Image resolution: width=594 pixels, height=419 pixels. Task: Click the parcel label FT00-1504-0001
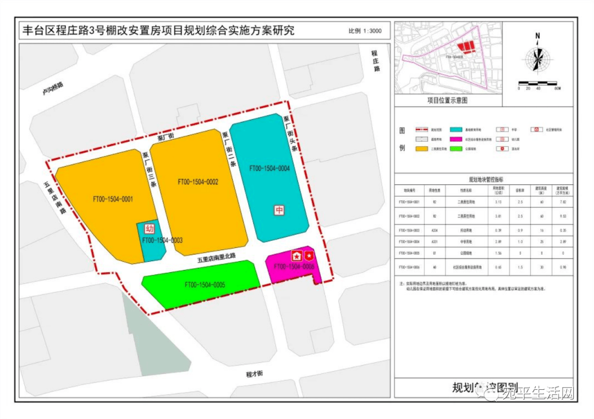point(113,199)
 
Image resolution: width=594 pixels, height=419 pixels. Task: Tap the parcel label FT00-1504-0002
point(198,181)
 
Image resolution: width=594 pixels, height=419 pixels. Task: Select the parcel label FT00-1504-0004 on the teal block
point(269,169)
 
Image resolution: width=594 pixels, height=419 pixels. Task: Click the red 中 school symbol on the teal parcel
point(279,210)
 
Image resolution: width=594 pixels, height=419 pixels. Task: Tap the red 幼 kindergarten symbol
point(149,228)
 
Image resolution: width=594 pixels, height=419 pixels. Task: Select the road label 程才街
point(254,374)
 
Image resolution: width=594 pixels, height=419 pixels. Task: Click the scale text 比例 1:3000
point(365,31)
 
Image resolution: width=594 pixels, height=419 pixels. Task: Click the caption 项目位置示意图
point(447,101)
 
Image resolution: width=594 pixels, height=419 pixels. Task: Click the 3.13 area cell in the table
point(498,202)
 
